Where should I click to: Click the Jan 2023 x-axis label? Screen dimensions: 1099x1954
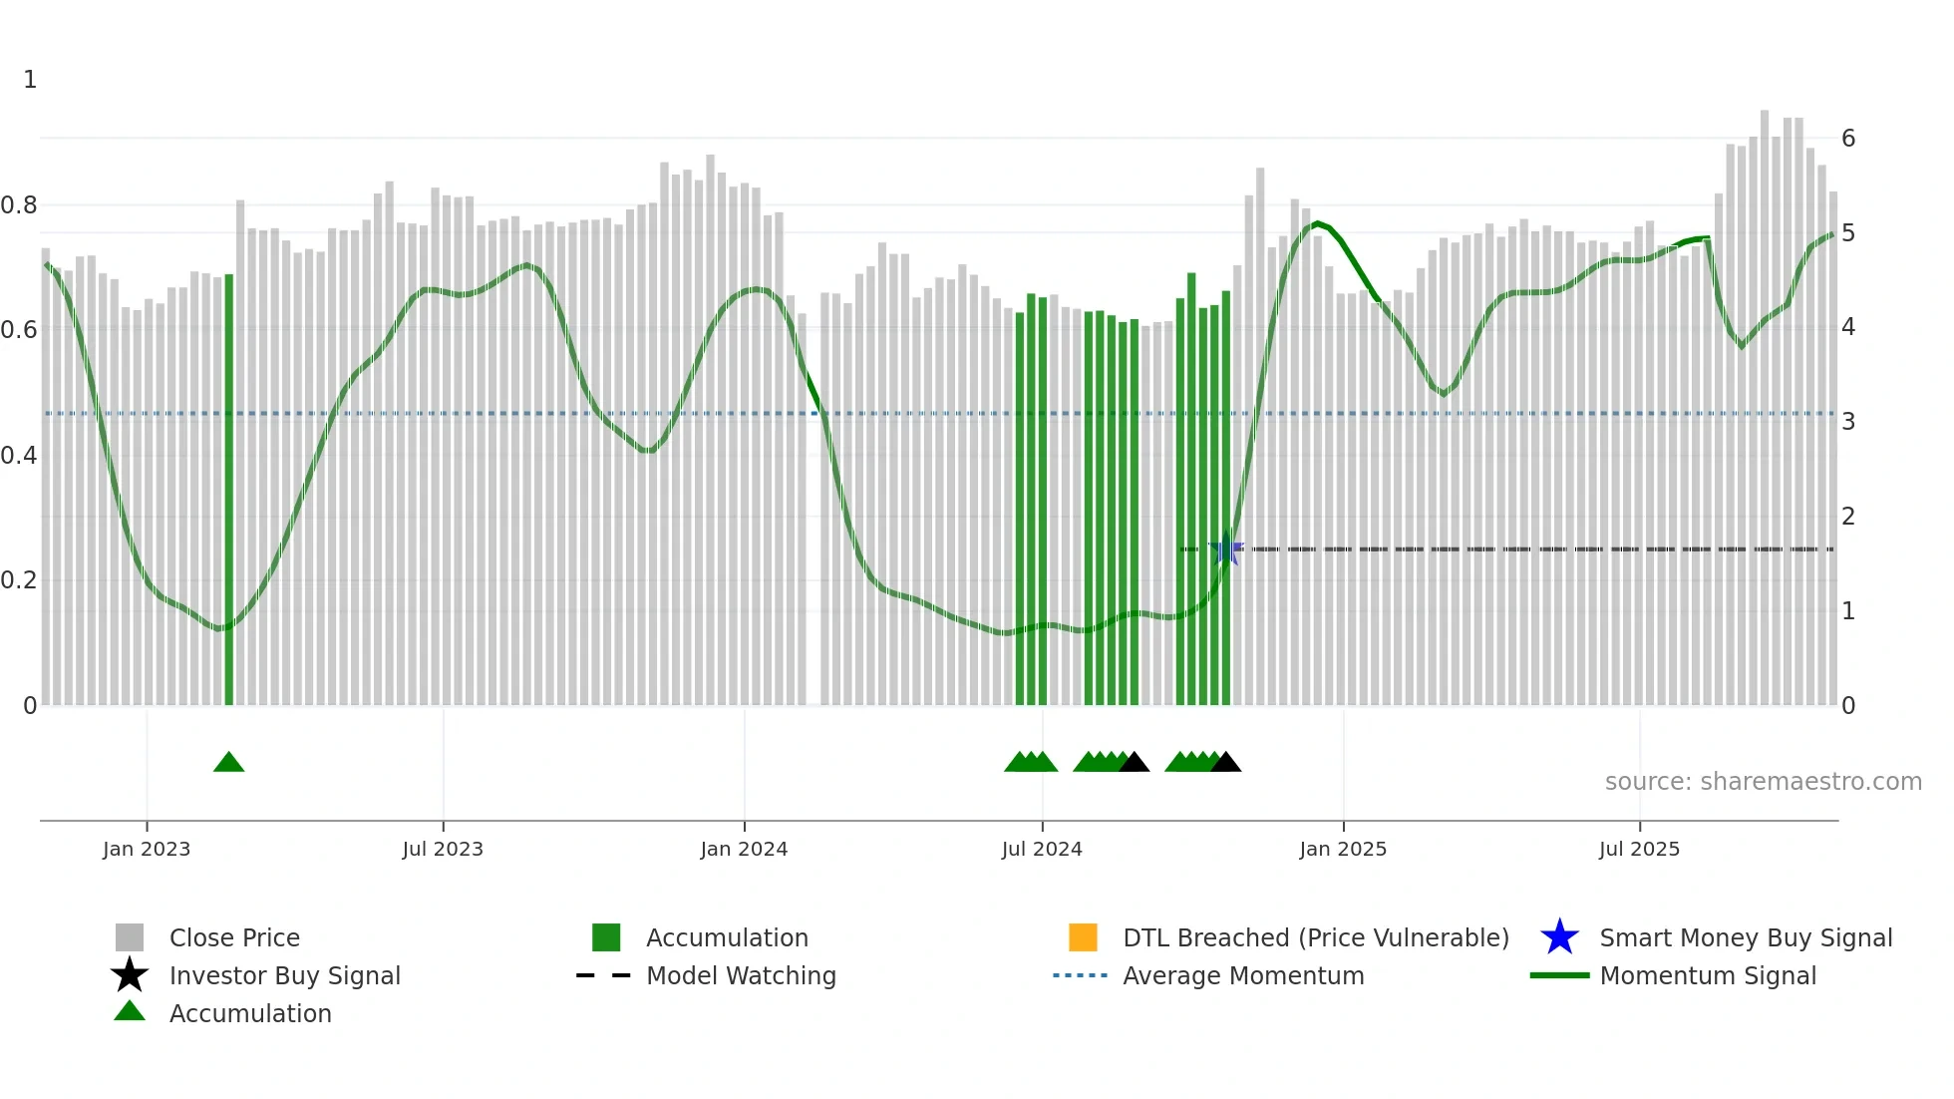pos(147,849)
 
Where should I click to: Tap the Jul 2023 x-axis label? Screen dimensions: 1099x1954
pos(443,849)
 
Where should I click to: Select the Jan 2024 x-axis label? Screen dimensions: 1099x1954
pos(744,849)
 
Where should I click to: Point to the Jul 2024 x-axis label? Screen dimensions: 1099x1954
pos(1042,849)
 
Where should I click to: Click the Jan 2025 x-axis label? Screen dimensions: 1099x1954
pos(1343,849)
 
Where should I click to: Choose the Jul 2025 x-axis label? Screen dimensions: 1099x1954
pos(1639,849)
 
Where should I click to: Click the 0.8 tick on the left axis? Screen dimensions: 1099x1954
pos(19,205)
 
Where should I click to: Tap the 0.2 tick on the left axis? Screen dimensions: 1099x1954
pos(19,580)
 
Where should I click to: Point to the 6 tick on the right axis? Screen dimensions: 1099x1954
pos(1848,139)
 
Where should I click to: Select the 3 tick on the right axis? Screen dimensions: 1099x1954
pos(1848,422)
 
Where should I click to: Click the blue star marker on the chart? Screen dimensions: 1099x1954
pos(1226,549)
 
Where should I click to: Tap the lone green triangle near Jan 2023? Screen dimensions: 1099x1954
pos(228,763)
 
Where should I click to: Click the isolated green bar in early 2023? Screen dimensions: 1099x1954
pos(229,489)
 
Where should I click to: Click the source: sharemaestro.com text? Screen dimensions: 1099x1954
pos(1763,782)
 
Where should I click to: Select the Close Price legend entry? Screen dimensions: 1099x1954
pos(234,937)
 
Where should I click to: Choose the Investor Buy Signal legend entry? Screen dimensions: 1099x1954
pos(284,975)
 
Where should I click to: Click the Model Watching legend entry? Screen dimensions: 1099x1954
pos(741,975)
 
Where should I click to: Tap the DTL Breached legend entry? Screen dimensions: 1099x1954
pos(1315,937)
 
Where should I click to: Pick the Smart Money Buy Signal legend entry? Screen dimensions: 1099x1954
pos(1745,937)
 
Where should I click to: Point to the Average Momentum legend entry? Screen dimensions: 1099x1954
pos(1242,975)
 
